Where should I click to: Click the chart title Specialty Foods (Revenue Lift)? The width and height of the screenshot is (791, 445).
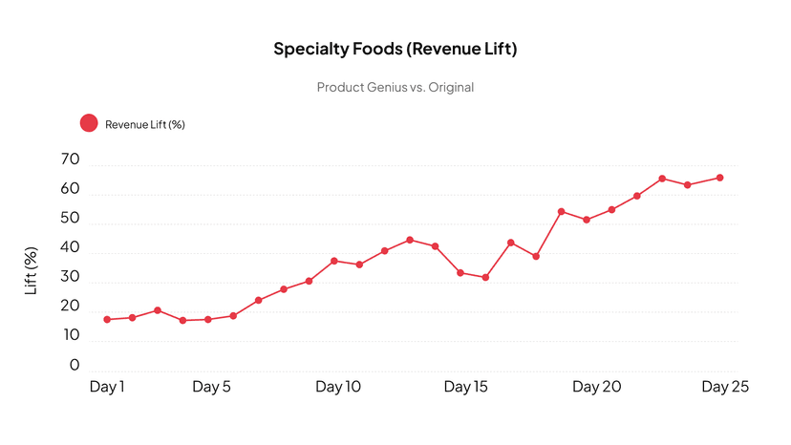point(395,49)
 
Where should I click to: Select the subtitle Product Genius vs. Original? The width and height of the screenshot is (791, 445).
point(395,87)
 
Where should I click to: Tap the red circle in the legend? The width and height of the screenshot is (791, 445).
point(89,123)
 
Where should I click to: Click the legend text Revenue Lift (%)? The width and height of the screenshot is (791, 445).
point(144,124)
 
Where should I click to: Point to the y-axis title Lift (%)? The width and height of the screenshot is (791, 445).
point(32,270)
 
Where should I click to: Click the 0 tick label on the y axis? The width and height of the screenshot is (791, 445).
point(75,366)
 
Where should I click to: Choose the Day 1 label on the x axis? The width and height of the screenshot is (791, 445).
point(107,387)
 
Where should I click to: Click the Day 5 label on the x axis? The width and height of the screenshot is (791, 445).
point(211,387)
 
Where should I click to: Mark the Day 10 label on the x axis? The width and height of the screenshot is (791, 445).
point(338,387)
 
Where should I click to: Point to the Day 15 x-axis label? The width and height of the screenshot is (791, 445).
point(465,387)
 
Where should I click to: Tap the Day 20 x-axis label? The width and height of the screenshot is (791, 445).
point(597,387)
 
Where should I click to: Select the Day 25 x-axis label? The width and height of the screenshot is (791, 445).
point(724,387)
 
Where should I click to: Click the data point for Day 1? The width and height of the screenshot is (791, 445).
point(107,319)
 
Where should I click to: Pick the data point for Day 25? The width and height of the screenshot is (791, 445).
point(719,178)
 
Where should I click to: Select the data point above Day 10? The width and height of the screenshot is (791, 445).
point(334,261)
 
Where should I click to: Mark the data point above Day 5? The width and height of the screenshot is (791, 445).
point(208,319)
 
